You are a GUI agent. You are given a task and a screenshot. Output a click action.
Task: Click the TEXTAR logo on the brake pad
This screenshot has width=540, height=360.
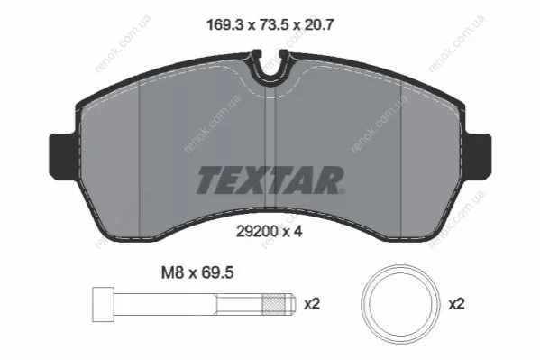coord(270,180)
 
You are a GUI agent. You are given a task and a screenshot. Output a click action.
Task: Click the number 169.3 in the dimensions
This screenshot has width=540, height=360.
coord(224,25)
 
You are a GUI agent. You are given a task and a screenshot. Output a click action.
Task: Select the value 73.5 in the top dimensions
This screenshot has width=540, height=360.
coord(270,25)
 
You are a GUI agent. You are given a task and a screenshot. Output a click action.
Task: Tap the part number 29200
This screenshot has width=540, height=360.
coord(257,231)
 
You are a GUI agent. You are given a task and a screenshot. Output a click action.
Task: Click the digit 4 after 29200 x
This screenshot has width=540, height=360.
coord(298,231)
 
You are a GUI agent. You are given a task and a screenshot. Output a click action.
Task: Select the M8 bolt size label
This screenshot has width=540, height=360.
coord(172,272)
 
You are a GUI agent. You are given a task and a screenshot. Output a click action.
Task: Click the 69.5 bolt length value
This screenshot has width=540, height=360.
coord(217,272)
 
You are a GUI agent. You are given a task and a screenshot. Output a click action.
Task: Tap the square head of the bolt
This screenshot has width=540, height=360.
coord(104,304)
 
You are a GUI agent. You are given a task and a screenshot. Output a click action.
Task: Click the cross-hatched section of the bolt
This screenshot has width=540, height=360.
coord(273,304)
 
